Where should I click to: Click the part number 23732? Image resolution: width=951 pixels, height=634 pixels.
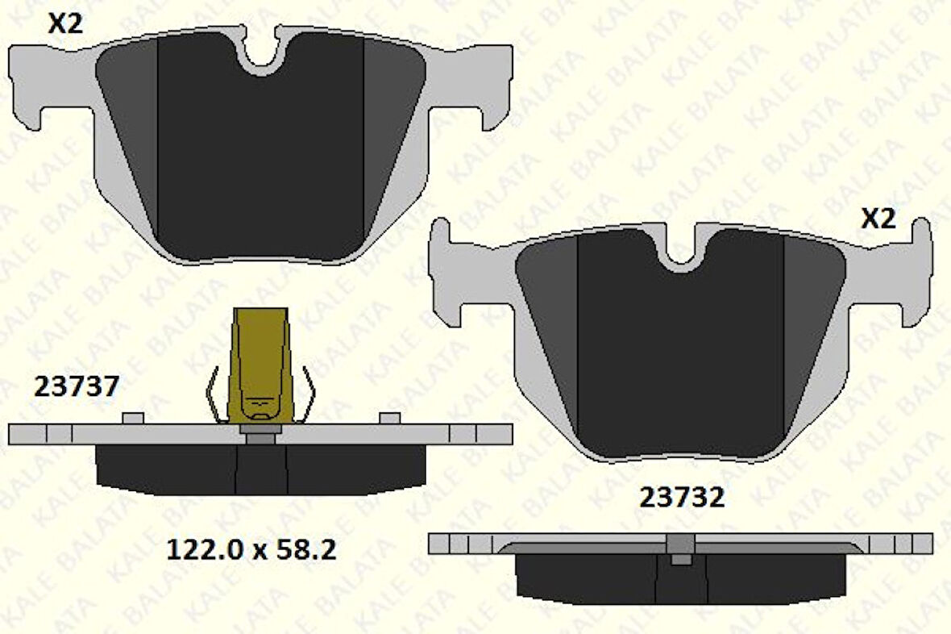(682, 498)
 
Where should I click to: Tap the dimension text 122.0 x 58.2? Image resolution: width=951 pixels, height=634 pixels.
(251, 550)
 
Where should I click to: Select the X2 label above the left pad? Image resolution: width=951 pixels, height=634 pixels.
(65, 24)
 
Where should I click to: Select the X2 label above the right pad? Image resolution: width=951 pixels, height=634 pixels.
(878, 219)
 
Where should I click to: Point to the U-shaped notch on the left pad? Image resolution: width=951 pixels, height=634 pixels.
(262, 53)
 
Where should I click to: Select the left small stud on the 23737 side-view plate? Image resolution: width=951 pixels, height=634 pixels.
(133, 417)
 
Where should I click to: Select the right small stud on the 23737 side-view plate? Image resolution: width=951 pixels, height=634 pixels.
(390, 417)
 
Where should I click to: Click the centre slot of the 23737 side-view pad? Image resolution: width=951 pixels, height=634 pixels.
(261, 470)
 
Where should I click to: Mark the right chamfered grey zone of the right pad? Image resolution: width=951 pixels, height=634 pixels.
(814, 323)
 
